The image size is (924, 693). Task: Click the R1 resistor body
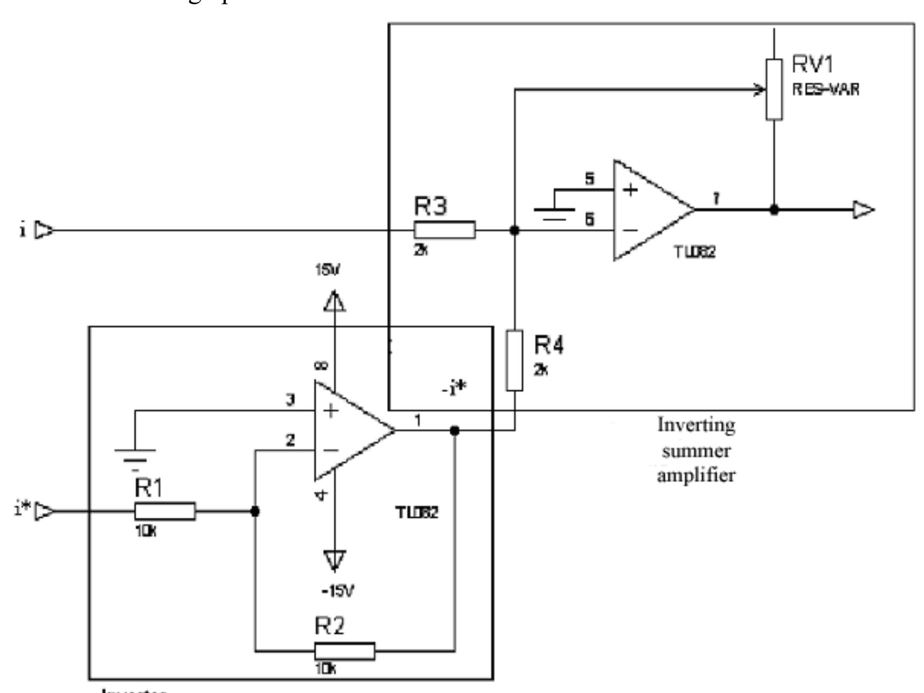165,511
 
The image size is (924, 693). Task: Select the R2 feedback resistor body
344,651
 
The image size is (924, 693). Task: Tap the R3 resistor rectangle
445,230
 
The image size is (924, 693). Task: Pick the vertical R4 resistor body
514,360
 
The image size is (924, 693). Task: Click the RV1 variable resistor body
774,90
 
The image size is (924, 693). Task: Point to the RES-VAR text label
825,90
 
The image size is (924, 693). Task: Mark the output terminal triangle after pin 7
863,210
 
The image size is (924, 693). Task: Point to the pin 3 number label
290,400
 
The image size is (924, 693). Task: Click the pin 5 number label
590,179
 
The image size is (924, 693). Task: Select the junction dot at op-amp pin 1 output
454,430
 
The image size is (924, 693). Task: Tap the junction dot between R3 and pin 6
514,230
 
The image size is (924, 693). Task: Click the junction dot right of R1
255,511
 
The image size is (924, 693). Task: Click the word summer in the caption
696,451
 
